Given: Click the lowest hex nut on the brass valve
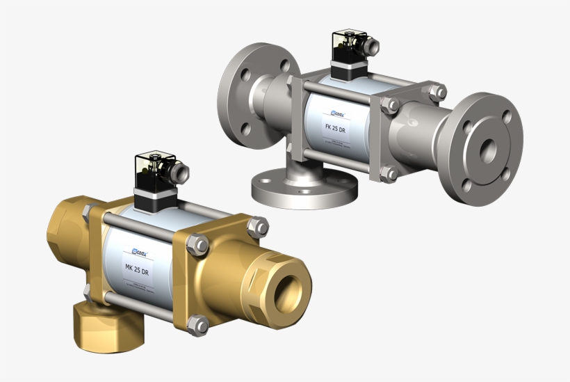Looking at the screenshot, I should pos(199,325).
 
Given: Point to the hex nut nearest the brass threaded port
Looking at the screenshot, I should pos(257,225).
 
